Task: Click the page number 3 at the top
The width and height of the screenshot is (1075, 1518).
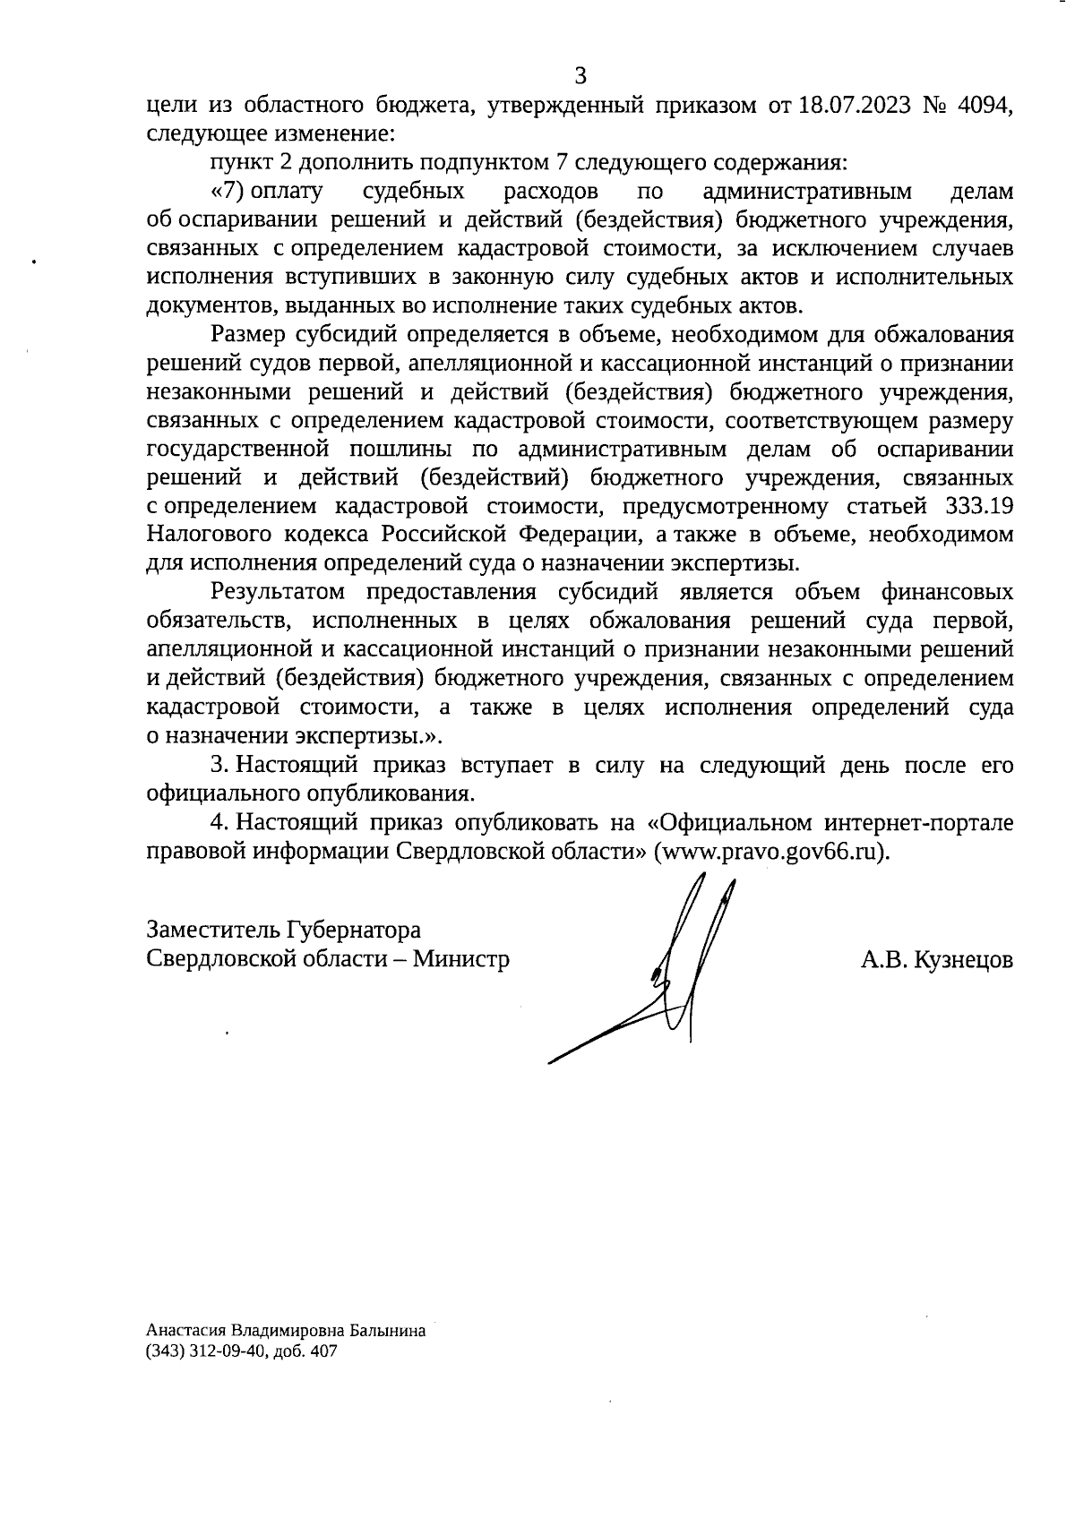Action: click(580, 75)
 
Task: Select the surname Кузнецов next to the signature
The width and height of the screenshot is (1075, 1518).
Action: click(962, 961)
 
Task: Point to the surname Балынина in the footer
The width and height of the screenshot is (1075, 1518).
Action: click(388, 1332)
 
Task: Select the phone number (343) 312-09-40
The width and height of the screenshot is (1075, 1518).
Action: click(207, 1352)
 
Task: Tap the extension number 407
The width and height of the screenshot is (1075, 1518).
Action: click(324, 1352)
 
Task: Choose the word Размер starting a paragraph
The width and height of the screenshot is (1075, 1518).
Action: click(248, 335)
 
